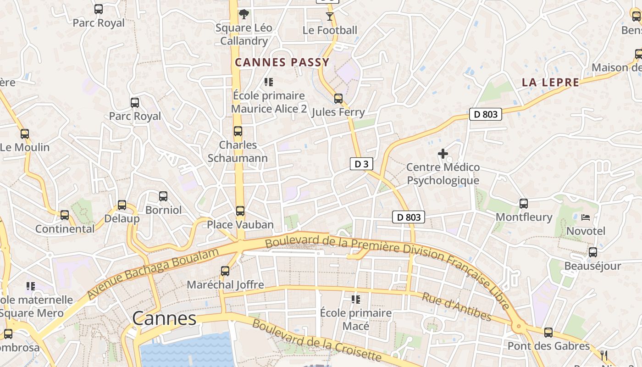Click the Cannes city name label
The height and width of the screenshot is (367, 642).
164,318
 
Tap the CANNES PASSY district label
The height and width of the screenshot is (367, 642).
282,62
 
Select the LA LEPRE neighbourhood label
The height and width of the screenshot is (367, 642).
550,83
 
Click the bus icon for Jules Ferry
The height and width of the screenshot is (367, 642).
338,98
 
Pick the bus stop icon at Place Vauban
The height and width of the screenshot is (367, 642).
240,211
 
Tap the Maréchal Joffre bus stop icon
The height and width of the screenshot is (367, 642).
225,271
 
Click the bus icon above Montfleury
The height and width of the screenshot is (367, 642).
523,203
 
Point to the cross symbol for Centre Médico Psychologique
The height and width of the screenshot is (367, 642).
443,154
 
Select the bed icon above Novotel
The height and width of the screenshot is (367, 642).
586,217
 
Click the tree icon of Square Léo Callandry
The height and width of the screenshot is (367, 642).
244,14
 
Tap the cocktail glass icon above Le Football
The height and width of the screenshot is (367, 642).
329,17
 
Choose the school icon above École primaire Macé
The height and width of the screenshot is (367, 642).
356,300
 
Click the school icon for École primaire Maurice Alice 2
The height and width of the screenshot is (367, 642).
269,82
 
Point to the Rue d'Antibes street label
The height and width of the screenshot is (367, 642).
456,306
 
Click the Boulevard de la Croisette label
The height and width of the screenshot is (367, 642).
316,340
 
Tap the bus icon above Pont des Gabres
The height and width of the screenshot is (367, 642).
548,332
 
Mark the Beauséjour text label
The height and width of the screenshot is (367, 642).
592,266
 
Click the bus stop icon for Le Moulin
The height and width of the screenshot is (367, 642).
24,134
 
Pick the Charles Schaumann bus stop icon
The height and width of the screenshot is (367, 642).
238,131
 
